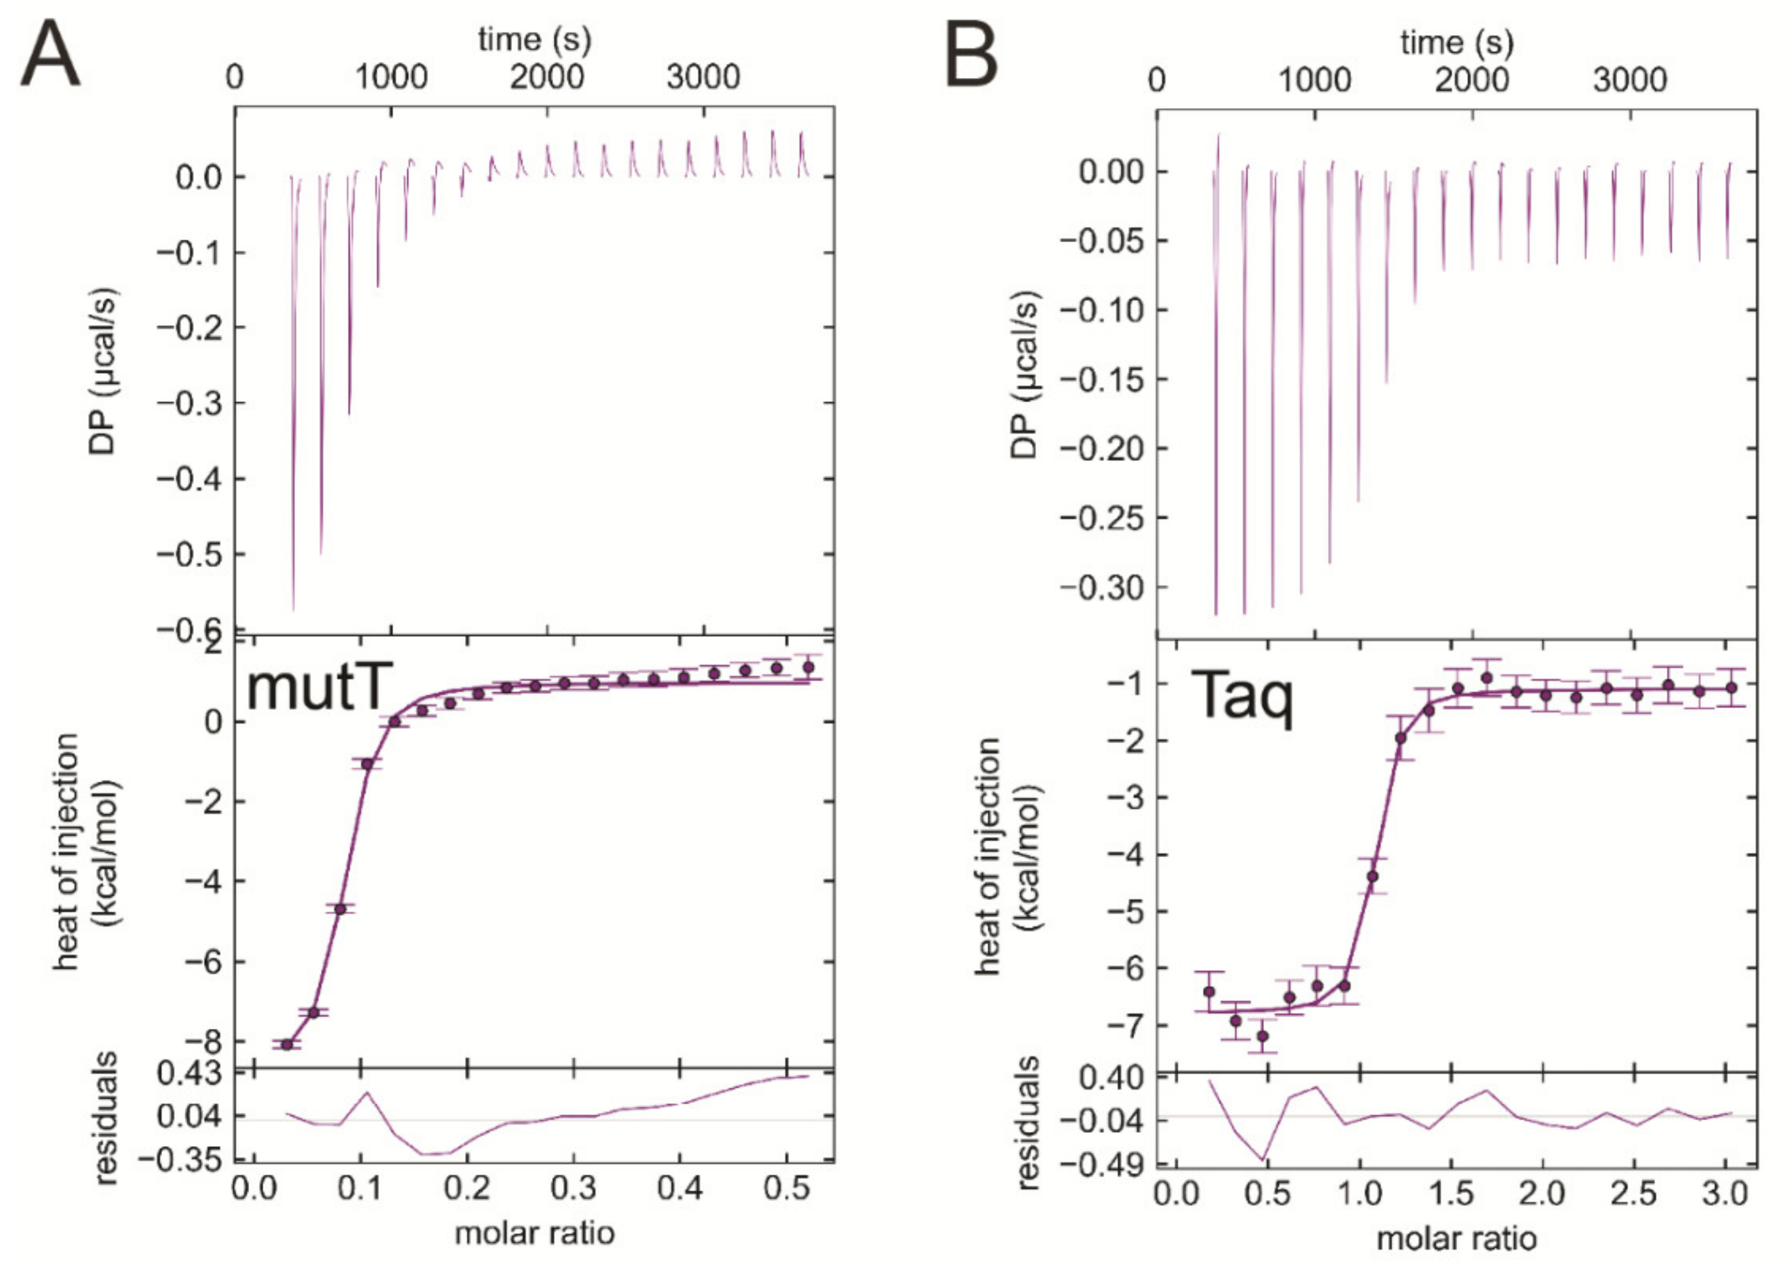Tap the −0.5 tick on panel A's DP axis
(x=190, y=555)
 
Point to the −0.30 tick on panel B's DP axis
(x=1101, y=587)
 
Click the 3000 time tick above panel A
(x=703, y=77)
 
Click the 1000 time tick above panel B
(x=1314, y=80)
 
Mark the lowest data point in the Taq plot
(x=1262, y=1036)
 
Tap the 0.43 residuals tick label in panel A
(x=190, y=1074)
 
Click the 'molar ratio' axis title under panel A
(x=535, y=1233)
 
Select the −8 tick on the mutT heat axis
(x=204, y=1043)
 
